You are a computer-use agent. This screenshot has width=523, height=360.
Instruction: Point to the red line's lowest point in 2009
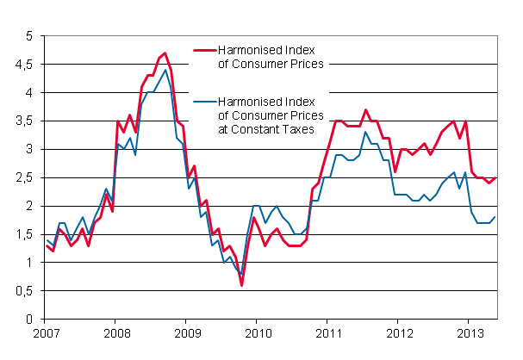242,285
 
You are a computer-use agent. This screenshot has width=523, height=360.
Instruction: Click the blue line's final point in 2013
495,217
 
